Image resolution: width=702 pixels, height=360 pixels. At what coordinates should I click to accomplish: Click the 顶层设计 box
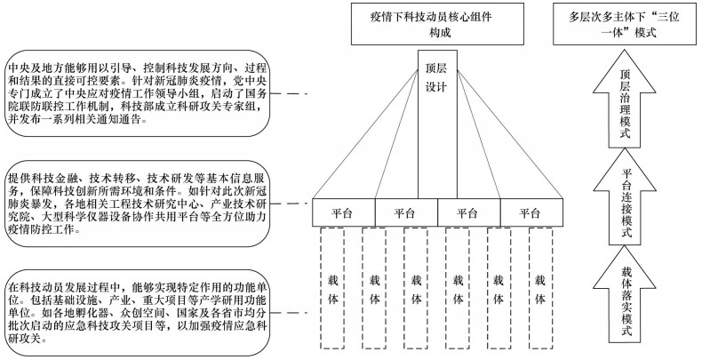coord(436,124)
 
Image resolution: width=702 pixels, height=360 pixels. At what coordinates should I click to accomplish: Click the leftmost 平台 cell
coord(343,212)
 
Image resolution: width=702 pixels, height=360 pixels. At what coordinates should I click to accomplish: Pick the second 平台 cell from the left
coord(405,212)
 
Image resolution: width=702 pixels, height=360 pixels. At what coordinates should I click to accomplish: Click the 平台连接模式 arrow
coord(629,200)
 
